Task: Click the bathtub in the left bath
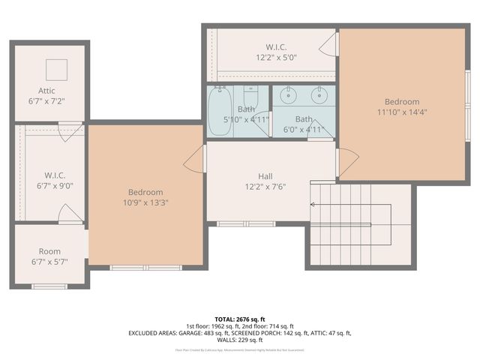[x=220, y=112]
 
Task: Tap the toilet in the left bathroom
[x=251, y=97]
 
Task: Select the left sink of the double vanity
[x=287, y=95]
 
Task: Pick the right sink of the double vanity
[x=319, y=95]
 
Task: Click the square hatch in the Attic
[x=57, y=70]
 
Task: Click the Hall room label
[x=265, y=176]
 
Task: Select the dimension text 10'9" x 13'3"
[x=145, y=202]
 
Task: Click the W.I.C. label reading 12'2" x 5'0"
[x=271, y=56]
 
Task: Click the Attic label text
[x=46, y=91]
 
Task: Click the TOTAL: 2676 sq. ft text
[x=240, y=319]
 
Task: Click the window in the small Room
[x=49, y=286]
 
